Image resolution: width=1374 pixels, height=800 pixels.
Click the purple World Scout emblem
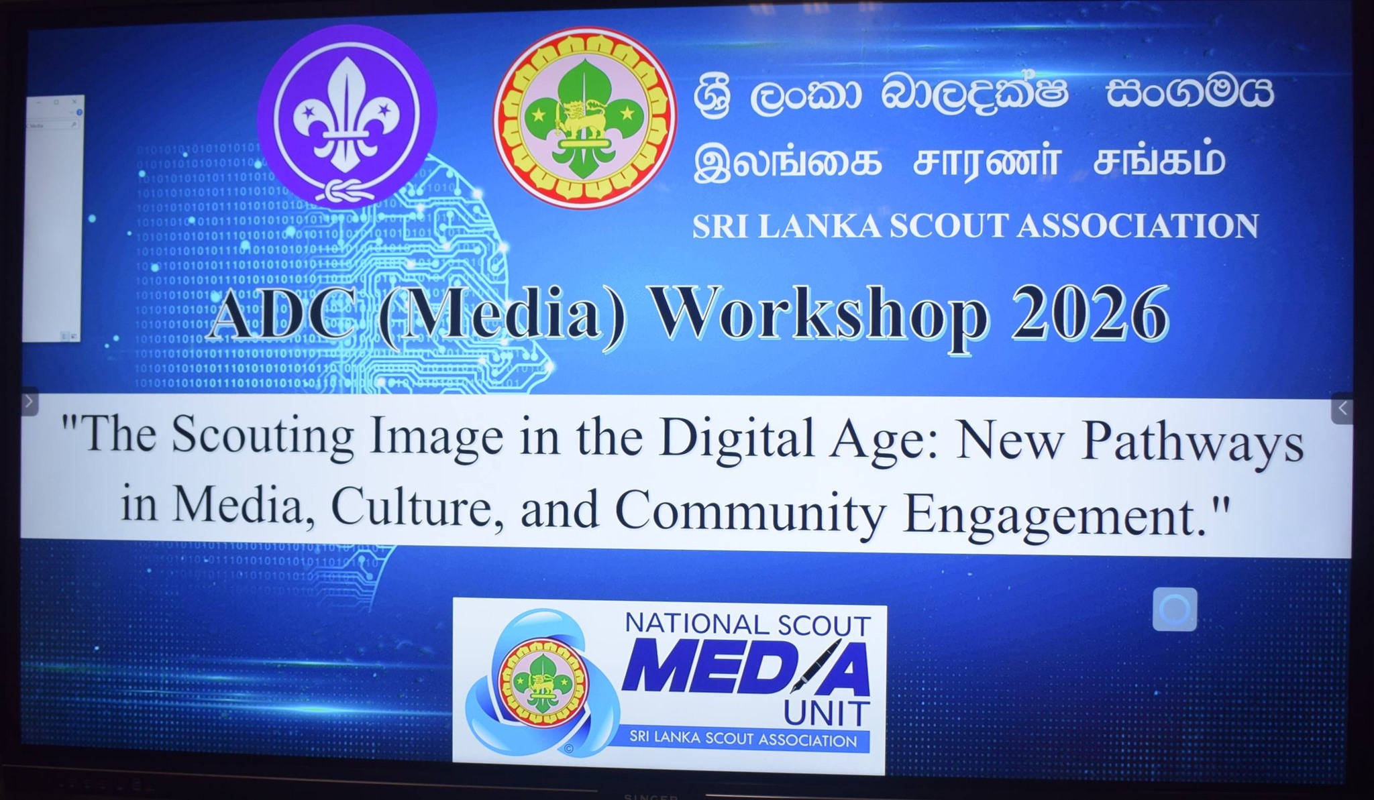(x=347, y=116)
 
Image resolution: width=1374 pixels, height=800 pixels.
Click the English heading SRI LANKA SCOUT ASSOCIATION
(x=975, y=226)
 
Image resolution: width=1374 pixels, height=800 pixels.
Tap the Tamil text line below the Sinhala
(x=960, y=162)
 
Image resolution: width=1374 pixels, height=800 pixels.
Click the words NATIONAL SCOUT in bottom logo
(x=747, y=625)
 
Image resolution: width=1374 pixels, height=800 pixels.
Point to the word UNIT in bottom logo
(x=826, y=713)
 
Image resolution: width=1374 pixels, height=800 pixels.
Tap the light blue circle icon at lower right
(x=1174, y=610)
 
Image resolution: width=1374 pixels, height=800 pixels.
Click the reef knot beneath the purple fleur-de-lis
(x=346, y=190)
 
